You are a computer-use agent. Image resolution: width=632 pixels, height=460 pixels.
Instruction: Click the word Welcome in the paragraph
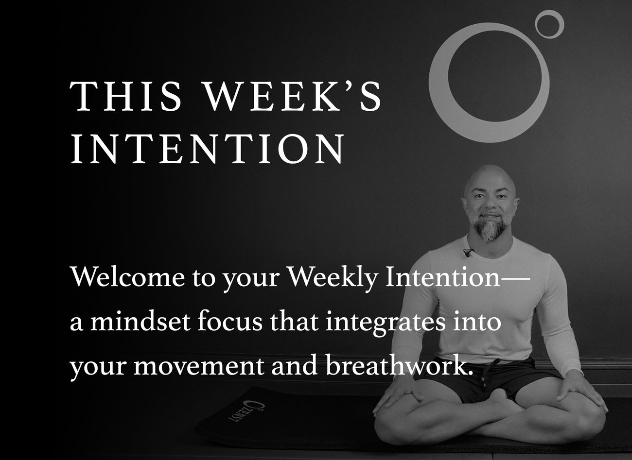click(x=127, y=277)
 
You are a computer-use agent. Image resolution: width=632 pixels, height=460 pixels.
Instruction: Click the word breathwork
click(x=400, y=365)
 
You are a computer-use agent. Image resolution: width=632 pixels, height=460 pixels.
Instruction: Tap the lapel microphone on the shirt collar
click(x=468, y=252)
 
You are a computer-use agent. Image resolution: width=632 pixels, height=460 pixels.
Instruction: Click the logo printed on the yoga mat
click(x=246, y=411)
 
